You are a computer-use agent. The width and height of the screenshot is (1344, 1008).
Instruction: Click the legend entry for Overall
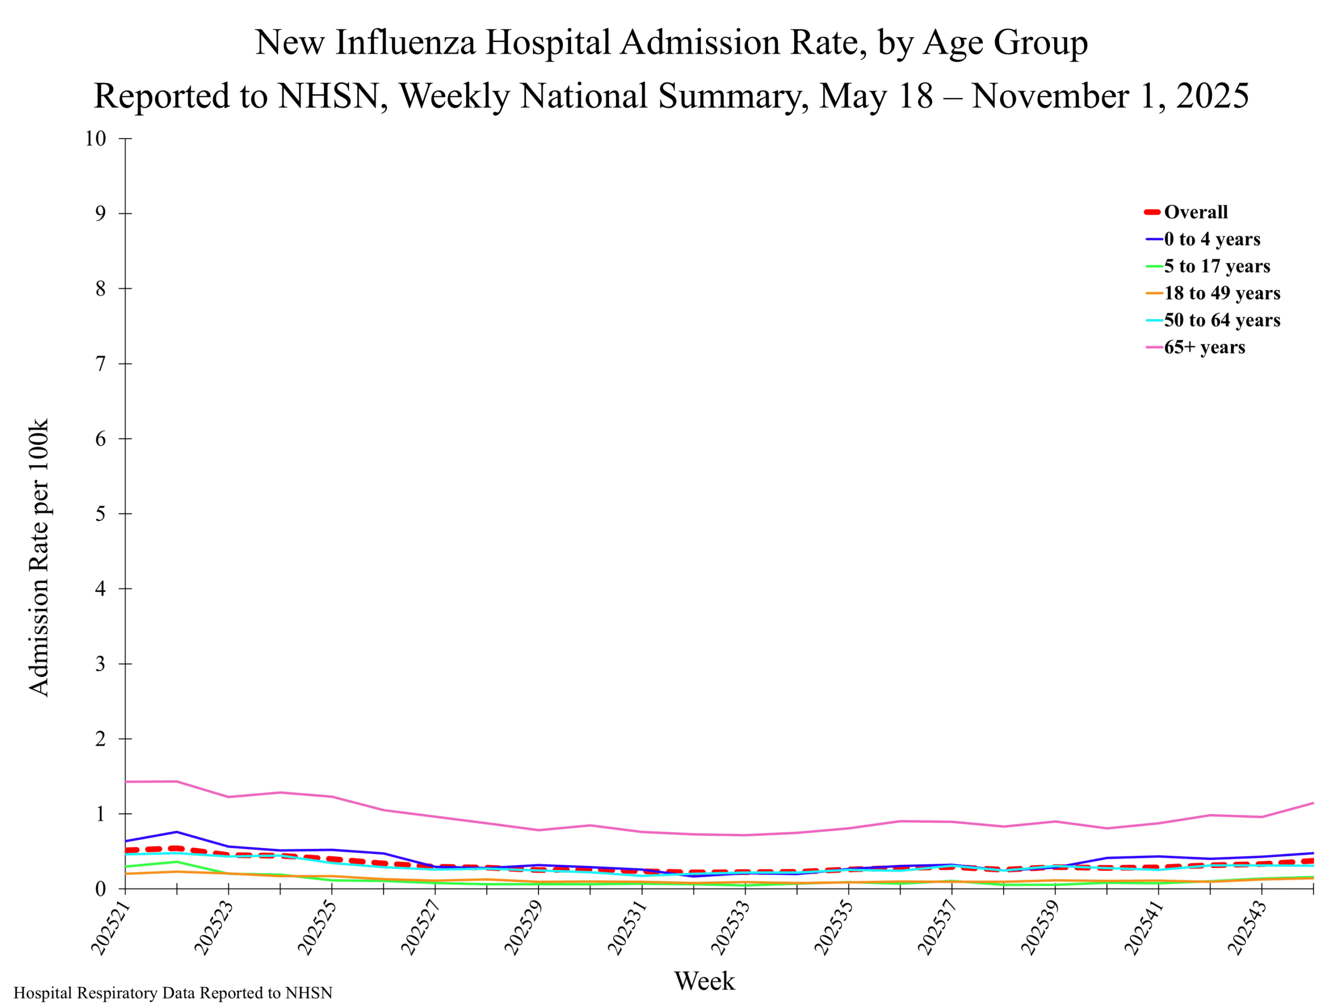click(x=1194, y=212)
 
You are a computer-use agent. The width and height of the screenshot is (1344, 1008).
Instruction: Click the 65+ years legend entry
click(x=1204, y=347)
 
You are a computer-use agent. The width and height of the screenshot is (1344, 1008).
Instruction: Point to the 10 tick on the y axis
click(x=96, y=139)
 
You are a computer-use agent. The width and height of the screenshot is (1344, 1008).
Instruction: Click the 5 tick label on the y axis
click(x=100, y=513)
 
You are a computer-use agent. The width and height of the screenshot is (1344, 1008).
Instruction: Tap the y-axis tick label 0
click(x=100, y=888)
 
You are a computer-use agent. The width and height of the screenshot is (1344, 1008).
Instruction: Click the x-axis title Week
click(x=704, y=981)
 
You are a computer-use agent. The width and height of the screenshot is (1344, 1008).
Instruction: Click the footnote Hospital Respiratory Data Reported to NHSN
click(x=173, y=993)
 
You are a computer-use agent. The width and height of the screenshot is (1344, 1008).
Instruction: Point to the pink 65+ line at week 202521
click(x=126, y=781)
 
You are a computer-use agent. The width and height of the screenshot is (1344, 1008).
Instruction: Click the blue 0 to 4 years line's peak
click(x=177, y=832)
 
